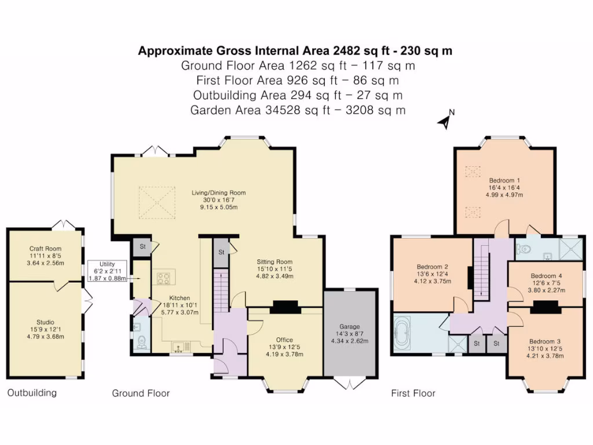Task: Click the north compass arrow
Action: click(445, 121)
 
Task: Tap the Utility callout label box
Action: click(107, 271)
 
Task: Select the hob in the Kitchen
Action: click(164, 279)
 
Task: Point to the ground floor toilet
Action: click(142, 341)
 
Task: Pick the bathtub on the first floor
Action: click(402, 333)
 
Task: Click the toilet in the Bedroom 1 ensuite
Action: click(524, 249)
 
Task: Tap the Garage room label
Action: click(349, 326)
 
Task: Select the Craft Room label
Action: click(45, 249)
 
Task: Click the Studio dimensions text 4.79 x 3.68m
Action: click(45, 337)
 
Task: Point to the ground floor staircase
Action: click(221, 290)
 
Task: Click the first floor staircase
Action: click(481, 272)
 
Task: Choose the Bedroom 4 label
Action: click(546, 276)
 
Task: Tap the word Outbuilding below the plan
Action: click(32, 393)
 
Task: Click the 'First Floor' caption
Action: click(413, 393)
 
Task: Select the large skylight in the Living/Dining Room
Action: click(158, 202)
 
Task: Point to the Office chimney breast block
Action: click(285, 307)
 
